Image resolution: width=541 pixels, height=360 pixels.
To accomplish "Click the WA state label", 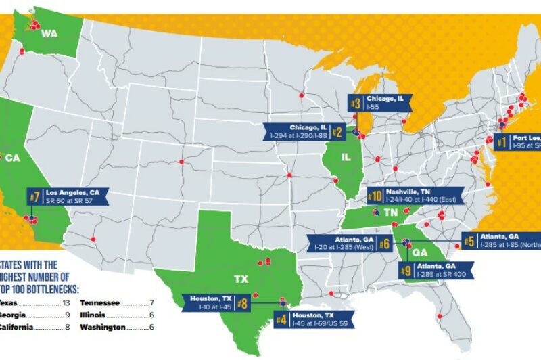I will coord(50,33).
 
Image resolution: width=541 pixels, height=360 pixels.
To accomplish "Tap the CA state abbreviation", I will coord(13,158).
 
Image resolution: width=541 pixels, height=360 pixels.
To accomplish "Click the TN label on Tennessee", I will coord(390,212).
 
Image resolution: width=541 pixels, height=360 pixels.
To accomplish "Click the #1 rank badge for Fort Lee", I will coord(501,143).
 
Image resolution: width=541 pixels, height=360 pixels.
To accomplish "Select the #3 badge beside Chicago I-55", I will coord(356,104).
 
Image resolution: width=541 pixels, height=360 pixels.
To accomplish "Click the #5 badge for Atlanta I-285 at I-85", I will coord(468,242).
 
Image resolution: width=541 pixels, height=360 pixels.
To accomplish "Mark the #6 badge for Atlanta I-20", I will coord(383,243).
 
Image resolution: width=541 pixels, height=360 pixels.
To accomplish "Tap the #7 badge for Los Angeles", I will coord(34,197).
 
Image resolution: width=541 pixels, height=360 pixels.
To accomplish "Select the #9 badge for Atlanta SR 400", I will coord(406,271).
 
